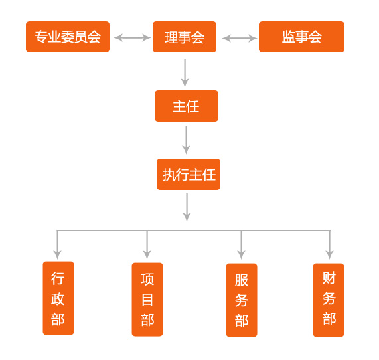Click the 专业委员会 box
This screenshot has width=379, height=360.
(x=68, y=37)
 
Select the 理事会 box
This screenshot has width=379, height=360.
(x=185, y=37)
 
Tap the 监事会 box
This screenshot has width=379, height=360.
(x=301, y=37)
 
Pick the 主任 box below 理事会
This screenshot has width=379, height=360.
(x=187, y=106)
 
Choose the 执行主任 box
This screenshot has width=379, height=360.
(x=189, y=175)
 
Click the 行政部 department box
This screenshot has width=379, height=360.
(x=58, y=298)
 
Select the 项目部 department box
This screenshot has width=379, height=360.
(x=147, y=300)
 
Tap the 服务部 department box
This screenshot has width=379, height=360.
(x=242, y=300)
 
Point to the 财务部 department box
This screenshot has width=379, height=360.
(x=329, y=300)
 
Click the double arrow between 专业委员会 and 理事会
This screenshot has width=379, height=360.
(x=132, y=37)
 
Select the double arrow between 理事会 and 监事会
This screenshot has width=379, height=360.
(x=240, y=38)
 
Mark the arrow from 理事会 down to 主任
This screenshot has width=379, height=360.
(x=185, y=73)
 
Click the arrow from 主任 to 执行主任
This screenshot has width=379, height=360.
(x=186, y=140)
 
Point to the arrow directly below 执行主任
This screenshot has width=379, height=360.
(x=187, y=207)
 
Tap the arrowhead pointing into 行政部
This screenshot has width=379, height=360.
(x=57, y=255)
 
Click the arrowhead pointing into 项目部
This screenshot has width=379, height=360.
(x=147, y=255)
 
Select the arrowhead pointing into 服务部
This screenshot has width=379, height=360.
(x=241, y=255)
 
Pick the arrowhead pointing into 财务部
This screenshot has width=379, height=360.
(x=330, y=255)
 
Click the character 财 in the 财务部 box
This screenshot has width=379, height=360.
(x=329, y=278)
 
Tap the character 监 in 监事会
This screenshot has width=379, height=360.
(x=288, y=37)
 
